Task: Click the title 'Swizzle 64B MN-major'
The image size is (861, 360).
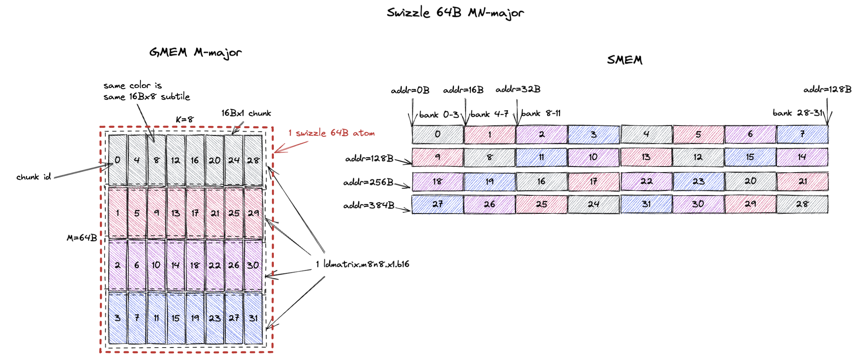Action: coord(455,13)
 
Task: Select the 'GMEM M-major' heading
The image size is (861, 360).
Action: coord(195,53)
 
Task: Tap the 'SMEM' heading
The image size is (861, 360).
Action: coord(624,60)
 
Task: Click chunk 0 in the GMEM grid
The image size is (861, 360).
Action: coord(118,160)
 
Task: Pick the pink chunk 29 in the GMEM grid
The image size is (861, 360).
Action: coord(253,213)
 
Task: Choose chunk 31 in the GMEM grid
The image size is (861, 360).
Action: coord(253,318)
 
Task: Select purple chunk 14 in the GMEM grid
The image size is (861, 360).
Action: coord(175,265)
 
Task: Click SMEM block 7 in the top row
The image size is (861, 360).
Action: coord(802,134)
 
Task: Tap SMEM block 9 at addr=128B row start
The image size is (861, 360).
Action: coord(437,157)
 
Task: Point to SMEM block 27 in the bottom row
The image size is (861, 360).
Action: coord(437,204)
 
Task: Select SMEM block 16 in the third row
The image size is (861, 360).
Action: coord(541,182)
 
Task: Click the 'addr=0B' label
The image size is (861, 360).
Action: coord(410,90)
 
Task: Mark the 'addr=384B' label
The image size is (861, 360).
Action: coord(369,205)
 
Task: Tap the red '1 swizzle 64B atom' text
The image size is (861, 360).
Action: coord(331,133)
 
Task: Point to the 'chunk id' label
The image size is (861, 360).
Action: coord(33,177)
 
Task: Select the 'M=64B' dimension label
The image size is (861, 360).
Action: coord(82,238)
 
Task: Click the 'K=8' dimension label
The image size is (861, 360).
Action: coord(184,119)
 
